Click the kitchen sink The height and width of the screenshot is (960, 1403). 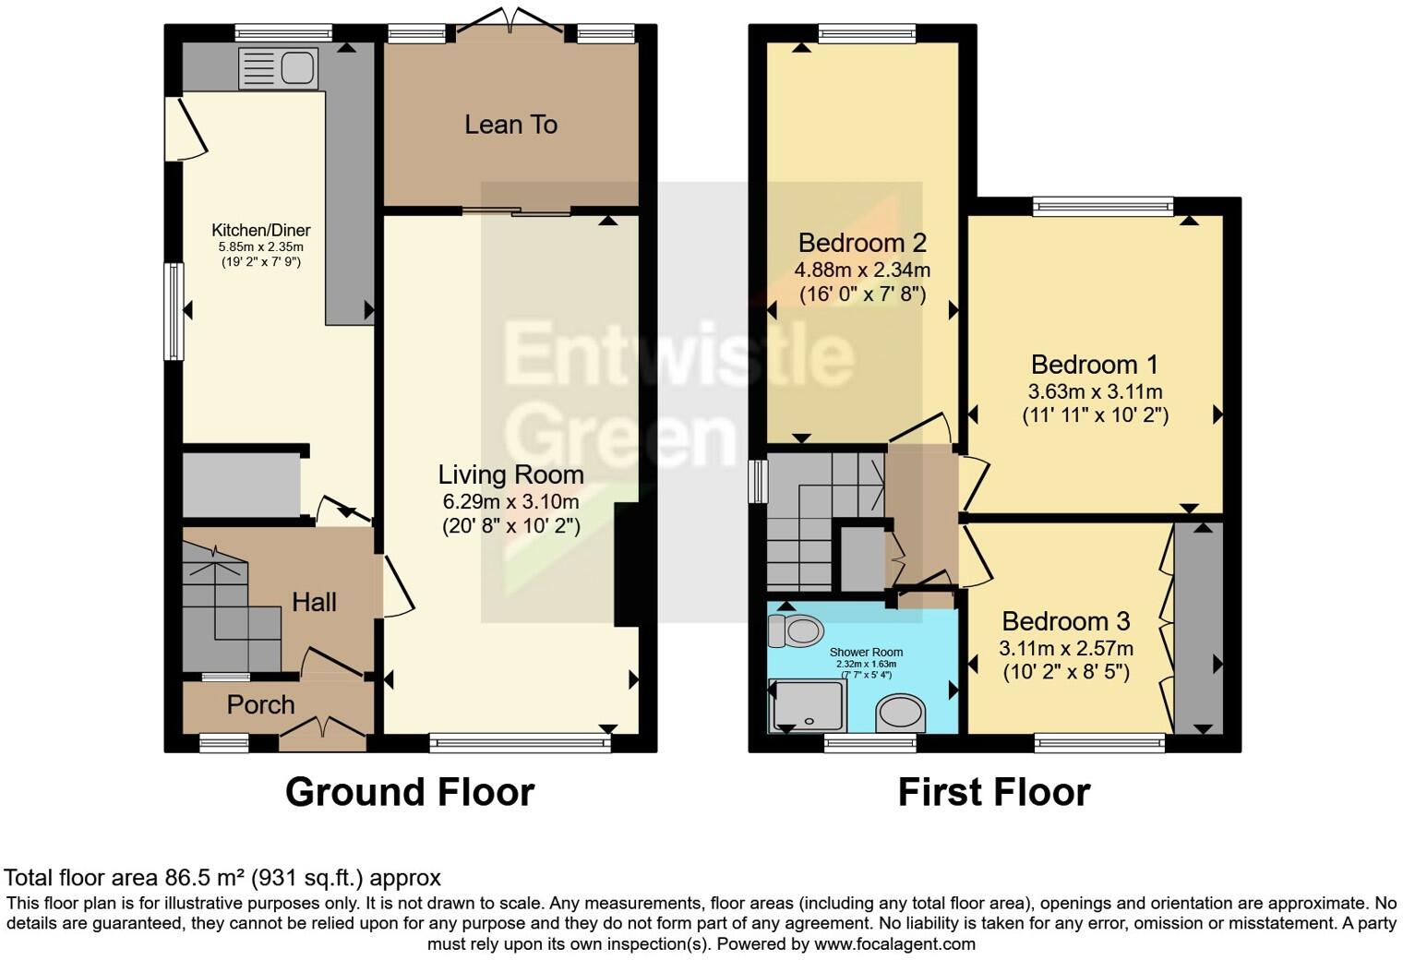pyautogui.click(x=278, y=68)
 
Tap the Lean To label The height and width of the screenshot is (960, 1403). pyautogui.click(x=510, y=125)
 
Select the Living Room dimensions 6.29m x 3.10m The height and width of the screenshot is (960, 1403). pyautogui.click(x=510, y=502)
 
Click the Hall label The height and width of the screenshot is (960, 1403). pyautogui.click(x=314, y=603)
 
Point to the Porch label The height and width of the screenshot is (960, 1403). pyautogui.click(x=260, y=705)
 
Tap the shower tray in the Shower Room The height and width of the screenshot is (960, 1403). pyautogui.click(x=806, y=705)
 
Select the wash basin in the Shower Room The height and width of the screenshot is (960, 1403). pyautogui.click(x=900, y=713)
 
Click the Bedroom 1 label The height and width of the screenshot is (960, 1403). pyautogui.click(x=1094, y=365)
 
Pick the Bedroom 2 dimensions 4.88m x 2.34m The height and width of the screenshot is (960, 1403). pyautogui.click(x=861, y=270)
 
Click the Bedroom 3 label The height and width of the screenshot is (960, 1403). pyautogui.click(x=1065, y=621)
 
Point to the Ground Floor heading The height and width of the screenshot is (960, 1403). pyautogui.click(x=409, y=792)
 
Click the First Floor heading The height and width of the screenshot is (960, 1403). pyautogui.click(x=993, y=792)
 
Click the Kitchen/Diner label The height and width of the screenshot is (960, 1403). pyautogui.click(x=261, y=231)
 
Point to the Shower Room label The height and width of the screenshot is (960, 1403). pyautogui.click(x=866, y=652)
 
